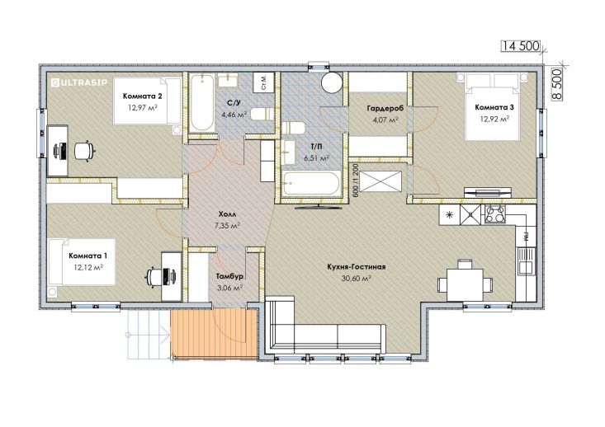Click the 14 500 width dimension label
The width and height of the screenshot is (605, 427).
(x=520, y=46)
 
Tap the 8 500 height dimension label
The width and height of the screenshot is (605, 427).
(x=557, y=85)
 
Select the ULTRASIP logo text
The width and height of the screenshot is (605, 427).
(x=79, y=82)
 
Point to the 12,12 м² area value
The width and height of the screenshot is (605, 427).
(x=88, y=267)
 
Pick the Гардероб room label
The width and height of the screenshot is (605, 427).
(x=385, y=109)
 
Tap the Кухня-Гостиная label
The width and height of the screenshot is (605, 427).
(x=357, y=267)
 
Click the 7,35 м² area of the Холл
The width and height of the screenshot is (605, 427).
(x=227, y=225)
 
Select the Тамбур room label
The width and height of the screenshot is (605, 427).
(x=229, y=276)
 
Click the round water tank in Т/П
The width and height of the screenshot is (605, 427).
(x=332, y=82)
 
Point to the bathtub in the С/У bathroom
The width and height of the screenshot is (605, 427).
(x=202, y=103)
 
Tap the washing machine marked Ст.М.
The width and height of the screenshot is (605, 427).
(x=263, y=82)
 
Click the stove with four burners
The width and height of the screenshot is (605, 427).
(x=495, y=213)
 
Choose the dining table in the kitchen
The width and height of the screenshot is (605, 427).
(x=465, y=284)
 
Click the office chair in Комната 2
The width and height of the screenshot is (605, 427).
(x=83, y=150)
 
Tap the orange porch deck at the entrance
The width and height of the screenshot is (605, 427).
(x=214, y=334)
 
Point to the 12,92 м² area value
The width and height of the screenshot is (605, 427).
(x=494, y=119)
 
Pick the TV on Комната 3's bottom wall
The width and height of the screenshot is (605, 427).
(x=488, y=193)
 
